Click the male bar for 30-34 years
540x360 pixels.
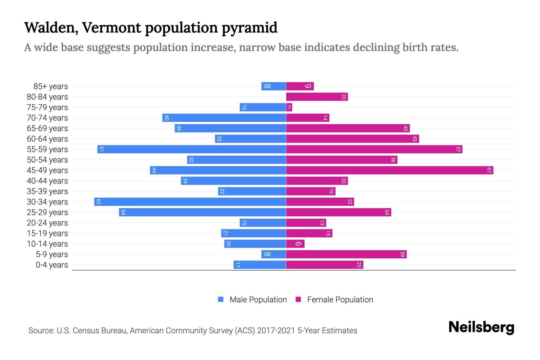point(190,202)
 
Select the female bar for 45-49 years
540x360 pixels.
point(389,170)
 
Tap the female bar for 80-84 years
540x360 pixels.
point(317,97)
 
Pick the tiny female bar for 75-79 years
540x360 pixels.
point(289,107)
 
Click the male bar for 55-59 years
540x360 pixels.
point(191,149)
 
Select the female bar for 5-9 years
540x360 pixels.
point(346,254)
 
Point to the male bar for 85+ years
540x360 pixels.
point(273,86)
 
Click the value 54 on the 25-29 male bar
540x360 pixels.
point(123,212)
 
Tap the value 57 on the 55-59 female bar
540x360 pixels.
point(458,149)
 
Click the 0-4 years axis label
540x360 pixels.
point(52,265)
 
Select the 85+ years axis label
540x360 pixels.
point(50,86)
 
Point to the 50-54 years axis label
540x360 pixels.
point(47,160)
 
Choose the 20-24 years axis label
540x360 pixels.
point(47,223)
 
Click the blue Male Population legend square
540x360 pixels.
point(221,299)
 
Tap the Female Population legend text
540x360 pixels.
point(340,299)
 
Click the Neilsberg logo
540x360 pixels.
point(481,327)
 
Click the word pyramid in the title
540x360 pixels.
point(250,28)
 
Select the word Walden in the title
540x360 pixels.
point(51,27)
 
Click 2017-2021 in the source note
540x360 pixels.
point(276,331)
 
